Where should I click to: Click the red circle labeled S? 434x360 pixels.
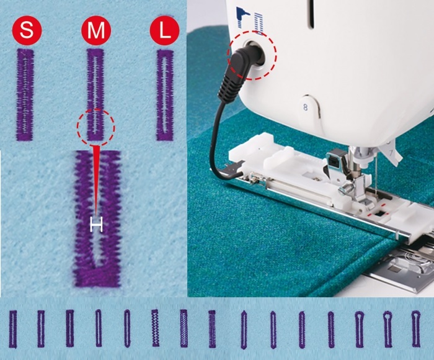[x=27, y=30]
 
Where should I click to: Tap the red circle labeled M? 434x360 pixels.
[x=95, y=30]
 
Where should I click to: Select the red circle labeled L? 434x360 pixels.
[x=164, y=30]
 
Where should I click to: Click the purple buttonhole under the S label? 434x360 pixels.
[x=25, y=94]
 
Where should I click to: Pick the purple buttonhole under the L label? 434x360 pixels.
[x=165, y=95]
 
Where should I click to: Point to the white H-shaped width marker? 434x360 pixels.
[x=96, y=224]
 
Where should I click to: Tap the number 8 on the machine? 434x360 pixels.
[x=305, y=107]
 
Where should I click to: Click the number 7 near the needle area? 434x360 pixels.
[x=391, y=153]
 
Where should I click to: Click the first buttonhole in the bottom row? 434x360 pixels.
[x=13, y=329]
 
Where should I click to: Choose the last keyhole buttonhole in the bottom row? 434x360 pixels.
[x=416, y=329]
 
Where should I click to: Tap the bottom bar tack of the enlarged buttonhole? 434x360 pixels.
[x=97, y=277]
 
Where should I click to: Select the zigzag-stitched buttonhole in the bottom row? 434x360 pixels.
[x=156, y=328]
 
